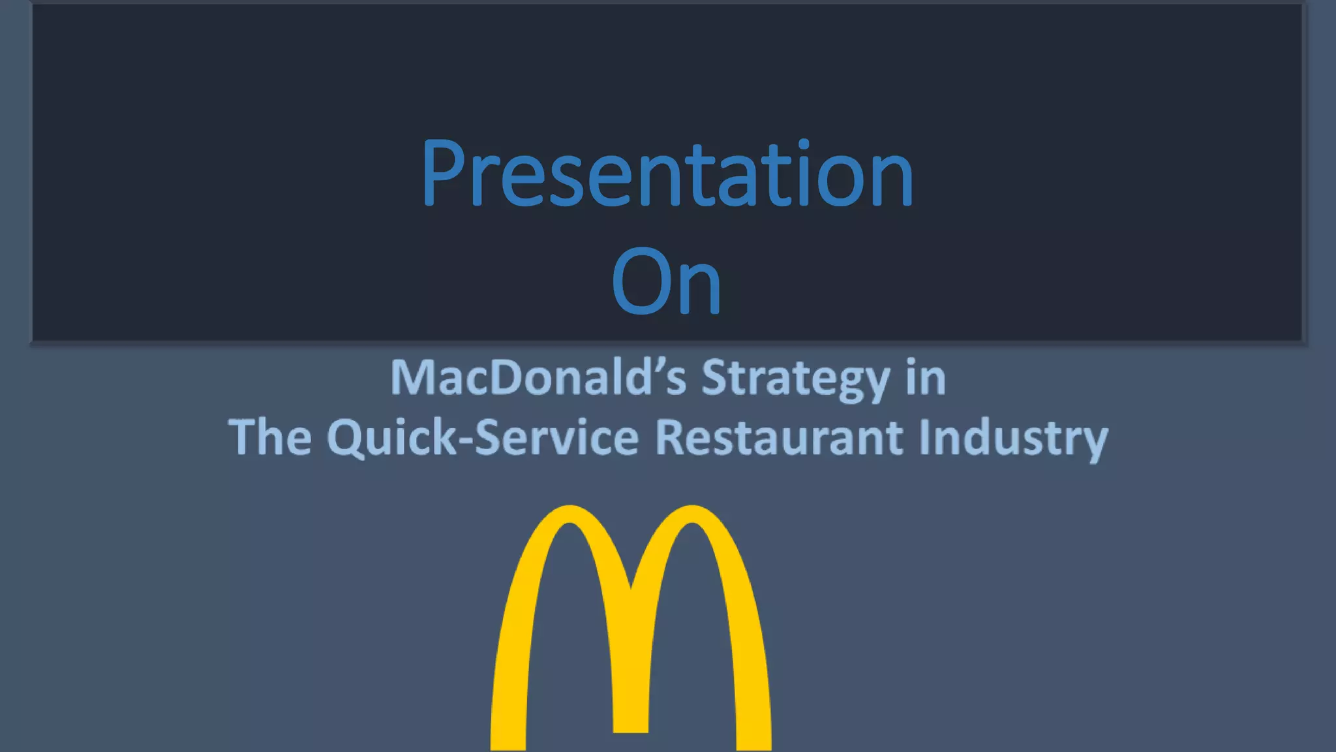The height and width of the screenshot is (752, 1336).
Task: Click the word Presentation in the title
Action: (667, 174)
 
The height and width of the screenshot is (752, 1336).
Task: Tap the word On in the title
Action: (666, 282)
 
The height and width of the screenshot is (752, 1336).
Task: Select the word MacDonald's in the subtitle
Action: (538, 378)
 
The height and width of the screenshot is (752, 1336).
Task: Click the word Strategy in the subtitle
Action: (795, 379)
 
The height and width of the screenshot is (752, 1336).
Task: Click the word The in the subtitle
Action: (269, 437)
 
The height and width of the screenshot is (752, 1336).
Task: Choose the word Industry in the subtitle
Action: (1013, 438)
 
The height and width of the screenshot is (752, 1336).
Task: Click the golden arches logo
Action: (631, 627)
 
